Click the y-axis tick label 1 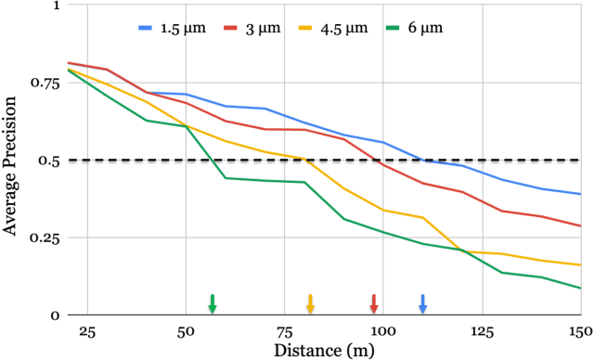click(54, 5)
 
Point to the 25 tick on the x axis click(87, 332)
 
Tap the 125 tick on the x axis click(482, 332)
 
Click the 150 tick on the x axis click(579, 332)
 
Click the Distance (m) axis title click(322, 351)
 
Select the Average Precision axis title click(11, 160)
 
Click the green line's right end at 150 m click(580, 288)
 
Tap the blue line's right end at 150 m click(580, 194)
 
